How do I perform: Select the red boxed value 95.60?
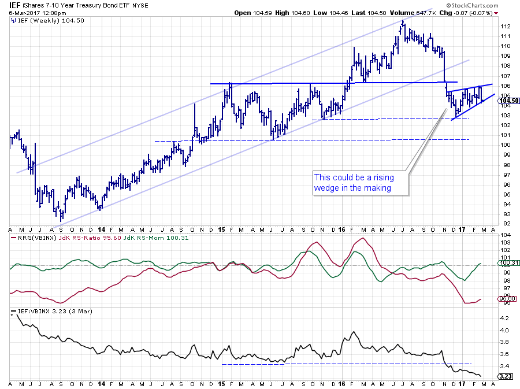click(x=506, y=299)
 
